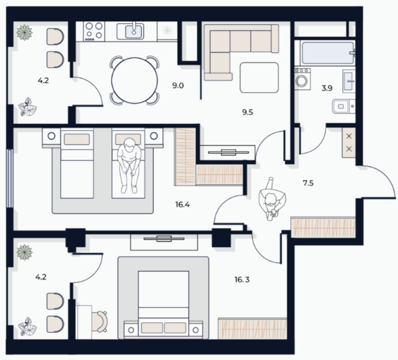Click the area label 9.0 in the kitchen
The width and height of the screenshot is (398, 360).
[178, 85]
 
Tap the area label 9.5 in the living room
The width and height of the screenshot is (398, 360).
[247, 112]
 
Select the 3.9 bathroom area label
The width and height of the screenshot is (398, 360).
[327, 88]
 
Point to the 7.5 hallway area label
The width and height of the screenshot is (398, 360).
[308, 183]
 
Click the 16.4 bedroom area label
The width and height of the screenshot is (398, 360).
[183, 204]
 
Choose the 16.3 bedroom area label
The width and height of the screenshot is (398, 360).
[242, 280]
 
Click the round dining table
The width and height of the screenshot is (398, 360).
[134, 81]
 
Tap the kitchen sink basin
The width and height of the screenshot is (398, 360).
[134, 31]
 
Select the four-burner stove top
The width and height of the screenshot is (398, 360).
[94, 31]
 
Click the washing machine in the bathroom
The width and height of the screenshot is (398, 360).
[302, 79]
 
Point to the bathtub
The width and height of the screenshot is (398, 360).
[328, 53]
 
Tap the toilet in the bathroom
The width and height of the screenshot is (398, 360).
[343, 106]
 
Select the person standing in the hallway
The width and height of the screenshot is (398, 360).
[272, 199]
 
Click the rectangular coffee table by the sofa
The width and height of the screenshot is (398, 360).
[259, 78]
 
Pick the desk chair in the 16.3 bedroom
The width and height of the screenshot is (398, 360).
[99, 321]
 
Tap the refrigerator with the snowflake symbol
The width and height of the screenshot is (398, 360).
[168, 31]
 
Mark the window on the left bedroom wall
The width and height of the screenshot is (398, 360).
[10, 178]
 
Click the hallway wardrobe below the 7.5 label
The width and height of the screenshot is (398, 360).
[323, 227]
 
